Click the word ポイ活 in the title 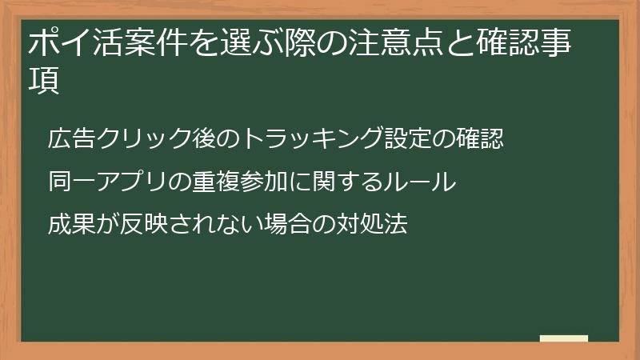(75, 42)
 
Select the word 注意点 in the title (395, 42)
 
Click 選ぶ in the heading (251, 42)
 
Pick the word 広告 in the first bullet (71, 138)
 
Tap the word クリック (144, 138)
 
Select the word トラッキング (312, 138)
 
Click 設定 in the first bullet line (408, 138)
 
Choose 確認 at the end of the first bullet (479, 138)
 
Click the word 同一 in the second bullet (71, 182)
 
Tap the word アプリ (131, 182)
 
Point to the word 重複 (215, 182)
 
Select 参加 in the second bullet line (263, 182)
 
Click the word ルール (420, 182)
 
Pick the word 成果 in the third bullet (71, 224)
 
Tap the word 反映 (143, 224)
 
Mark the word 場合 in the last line (288, 224)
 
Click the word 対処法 (372, 224)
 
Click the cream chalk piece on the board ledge (564, 338)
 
